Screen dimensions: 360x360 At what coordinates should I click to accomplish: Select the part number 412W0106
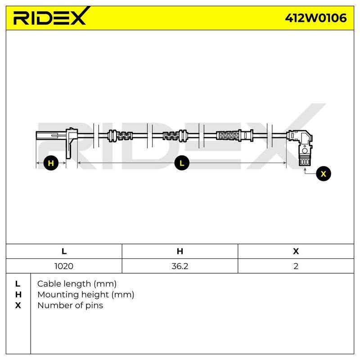pos(316,18)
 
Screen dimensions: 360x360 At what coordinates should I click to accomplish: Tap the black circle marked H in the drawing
pos(51,163)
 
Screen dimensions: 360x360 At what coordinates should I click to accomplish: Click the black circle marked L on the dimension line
pos(182,163)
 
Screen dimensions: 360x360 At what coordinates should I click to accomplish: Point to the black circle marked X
pos(323,174)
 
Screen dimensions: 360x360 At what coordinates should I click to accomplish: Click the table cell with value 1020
pos(64,266)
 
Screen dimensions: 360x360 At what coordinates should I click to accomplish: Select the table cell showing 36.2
pos(180,266)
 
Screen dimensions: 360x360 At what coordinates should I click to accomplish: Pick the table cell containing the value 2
pos(296,266)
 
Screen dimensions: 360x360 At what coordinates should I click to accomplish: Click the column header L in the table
pos(64,251)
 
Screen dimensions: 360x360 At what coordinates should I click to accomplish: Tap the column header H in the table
pos(180,251)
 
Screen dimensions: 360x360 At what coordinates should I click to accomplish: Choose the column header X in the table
pos(296,251)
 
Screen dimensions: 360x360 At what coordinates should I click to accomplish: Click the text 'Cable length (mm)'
pos(76,284)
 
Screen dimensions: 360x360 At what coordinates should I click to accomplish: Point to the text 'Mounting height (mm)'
pos(85,295)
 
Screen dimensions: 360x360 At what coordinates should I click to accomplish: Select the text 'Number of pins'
pos(70,306)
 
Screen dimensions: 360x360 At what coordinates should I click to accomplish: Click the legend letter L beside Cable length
pos(18,284)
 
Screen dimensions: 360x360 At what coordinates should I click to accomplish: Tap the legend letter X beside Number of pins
pos(18,306)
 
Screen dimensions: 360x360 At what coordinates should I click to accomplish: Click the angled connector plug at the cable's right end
pos(301,147)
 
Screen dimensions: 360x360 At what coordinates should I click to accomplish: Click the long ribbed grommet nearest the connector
pos(234,135)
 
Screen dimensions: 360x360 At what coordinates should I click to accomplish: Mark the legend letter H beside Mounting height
pos(18,295)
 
